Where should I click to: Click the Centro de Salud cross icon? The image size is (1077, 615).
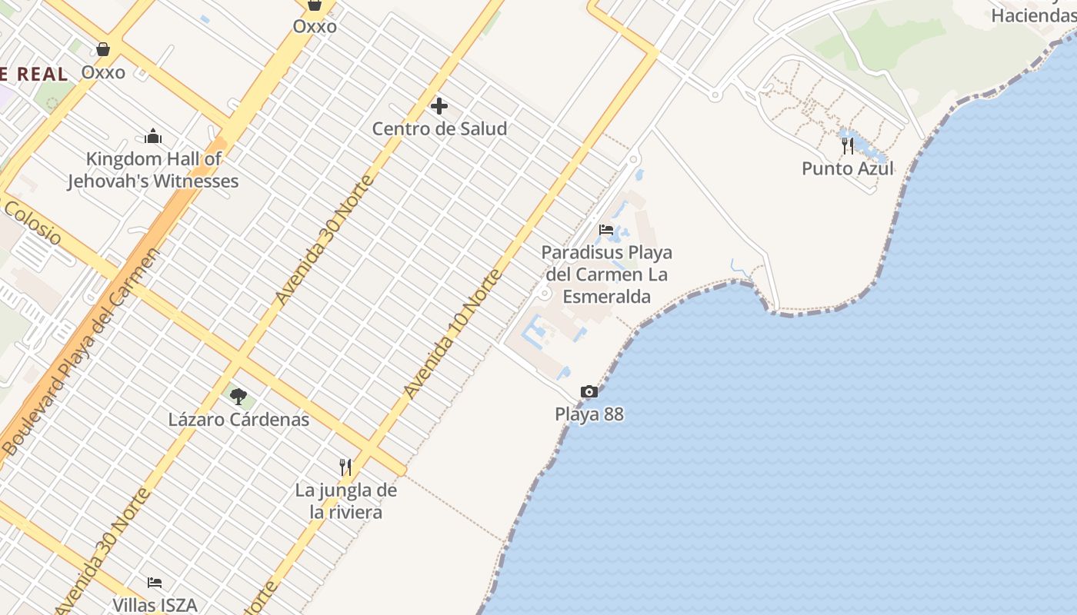pyautogui.click(x=439, y=106)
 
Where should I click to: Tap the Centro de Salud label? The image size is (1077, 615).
pyautogui.click(x=439, y=128)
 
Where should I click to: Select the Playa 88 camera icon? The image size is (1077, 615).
pyautogui.click(x=589, y=392)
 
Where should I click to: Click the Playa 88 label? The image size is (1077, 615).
pyautogui.click(x=589, y=414)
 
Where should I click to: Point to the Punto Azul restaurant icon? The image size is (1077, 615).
pyautogui.click(x=848, y=145)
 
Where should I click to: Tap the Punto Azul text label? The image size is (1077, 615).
pyautogui.click(x=848, y=168)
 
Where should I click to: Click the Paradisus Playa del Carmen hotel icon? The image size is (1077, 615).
pyautogui.click(x=606, y=230)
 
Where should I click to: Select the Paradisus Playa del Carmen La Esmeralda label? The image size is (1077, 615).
pyautogui.click(x=606, y=274)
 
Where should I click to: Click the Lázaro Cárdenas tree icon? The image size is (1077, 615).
pyautogui.click(x=238, y=397)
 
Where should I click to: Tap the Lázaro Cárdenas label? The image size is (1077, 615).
pyautogui.click(x=238, y=420)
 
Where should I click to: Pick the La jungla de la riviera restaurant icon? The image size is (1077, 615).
pyautogui.click(x=345, y=467)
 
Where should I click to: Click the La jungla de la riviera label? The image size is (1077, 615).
pyautogui.click(x=345, y=501)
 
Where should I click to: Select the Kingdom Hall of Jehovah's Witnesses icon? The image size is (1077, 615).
pyautogui.click(x=153, y=137)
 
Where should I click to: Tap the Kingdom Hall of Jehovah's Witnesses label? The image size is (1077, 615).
pyautogui.click(x=153, y=171)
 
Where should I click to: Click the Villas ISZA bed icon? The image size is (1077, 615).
pyautogui.click(x=155, y=583)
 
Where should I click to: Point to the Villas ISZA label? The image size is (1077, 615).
pyautogui.click(x=155, y=605)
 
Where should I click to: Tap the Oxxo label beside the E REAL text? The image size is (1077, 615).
pyautogui.click(x=103, y=72)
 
